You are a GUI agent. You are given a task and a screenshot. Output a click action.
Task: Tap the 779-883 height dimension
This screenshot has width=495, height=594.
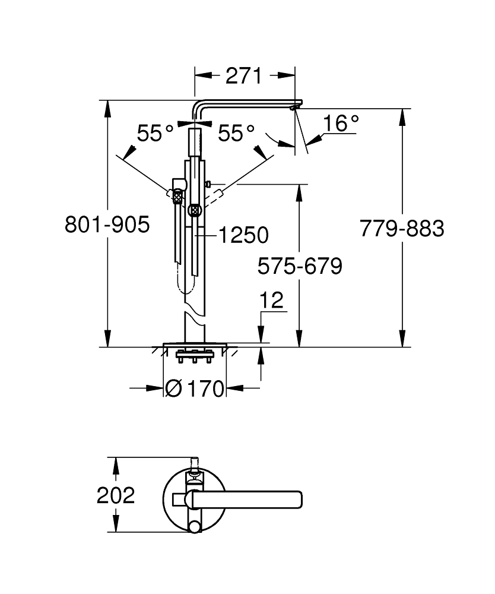(402, 228)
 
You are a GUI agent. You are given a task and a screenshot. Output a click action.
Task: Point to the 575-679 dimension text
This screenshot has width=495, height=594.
(300, 266)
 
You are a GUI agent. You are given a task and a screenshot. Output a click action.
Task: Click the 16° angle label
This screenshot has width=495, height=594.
(341, 124)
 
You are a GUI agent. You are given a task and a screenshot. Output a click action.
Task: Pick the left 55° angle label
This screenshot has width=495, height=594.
(155, 134)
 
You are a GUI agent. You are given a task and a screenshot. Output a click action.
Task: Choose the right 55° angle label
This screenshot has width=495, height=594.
(236, 134)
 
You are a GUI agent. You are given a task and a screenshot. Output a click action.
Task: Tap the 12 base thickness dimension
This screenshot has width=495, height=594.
(272, 301)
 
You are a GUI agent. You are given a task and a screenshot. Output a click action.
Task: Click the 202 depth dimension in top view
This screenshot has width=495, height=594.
(116, 495)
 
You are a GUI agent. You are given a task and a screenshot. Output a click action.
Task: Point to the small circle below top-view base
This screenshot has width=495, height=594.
(194, 526)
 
